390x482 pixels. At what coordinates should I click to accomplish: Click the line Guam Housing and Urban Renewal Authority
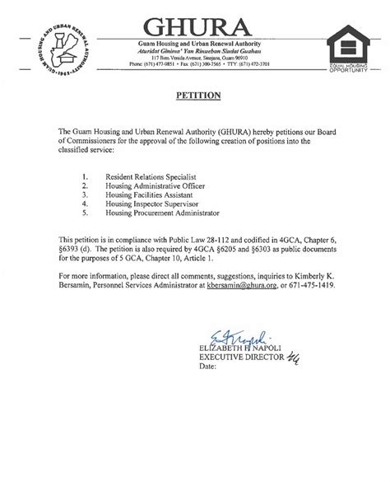[194, 42]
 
